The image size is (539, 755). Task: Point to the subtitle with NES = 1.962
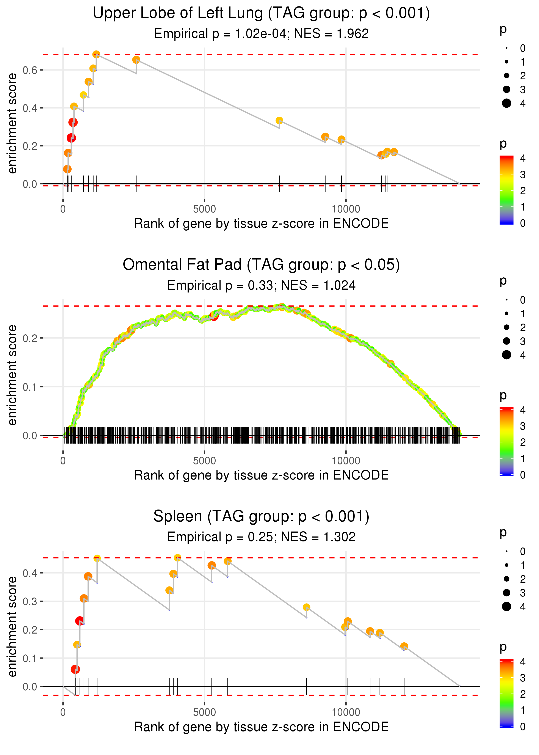pos(261,33)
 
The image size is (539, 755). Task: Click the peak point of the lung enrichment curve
pos(96,54)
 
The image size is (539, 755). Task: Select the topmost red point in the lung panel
pos(73,123)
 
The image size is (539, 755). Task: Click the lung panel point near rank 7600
pos(279,121)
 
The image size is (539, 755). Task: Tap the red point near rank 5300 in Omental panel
pos(214,316)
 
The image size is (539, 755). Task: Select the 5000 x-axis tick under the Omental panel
pos(204,461)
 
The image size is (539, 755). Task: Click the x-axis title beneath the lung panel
pos(261,223)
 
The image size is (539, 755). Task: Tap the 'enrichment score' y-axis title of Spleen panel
pos(12,626)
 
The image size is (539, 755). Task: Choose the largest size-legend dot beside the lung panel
pos(506,103)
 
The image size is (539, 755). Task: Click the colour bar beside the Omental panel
pos(506,442)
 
